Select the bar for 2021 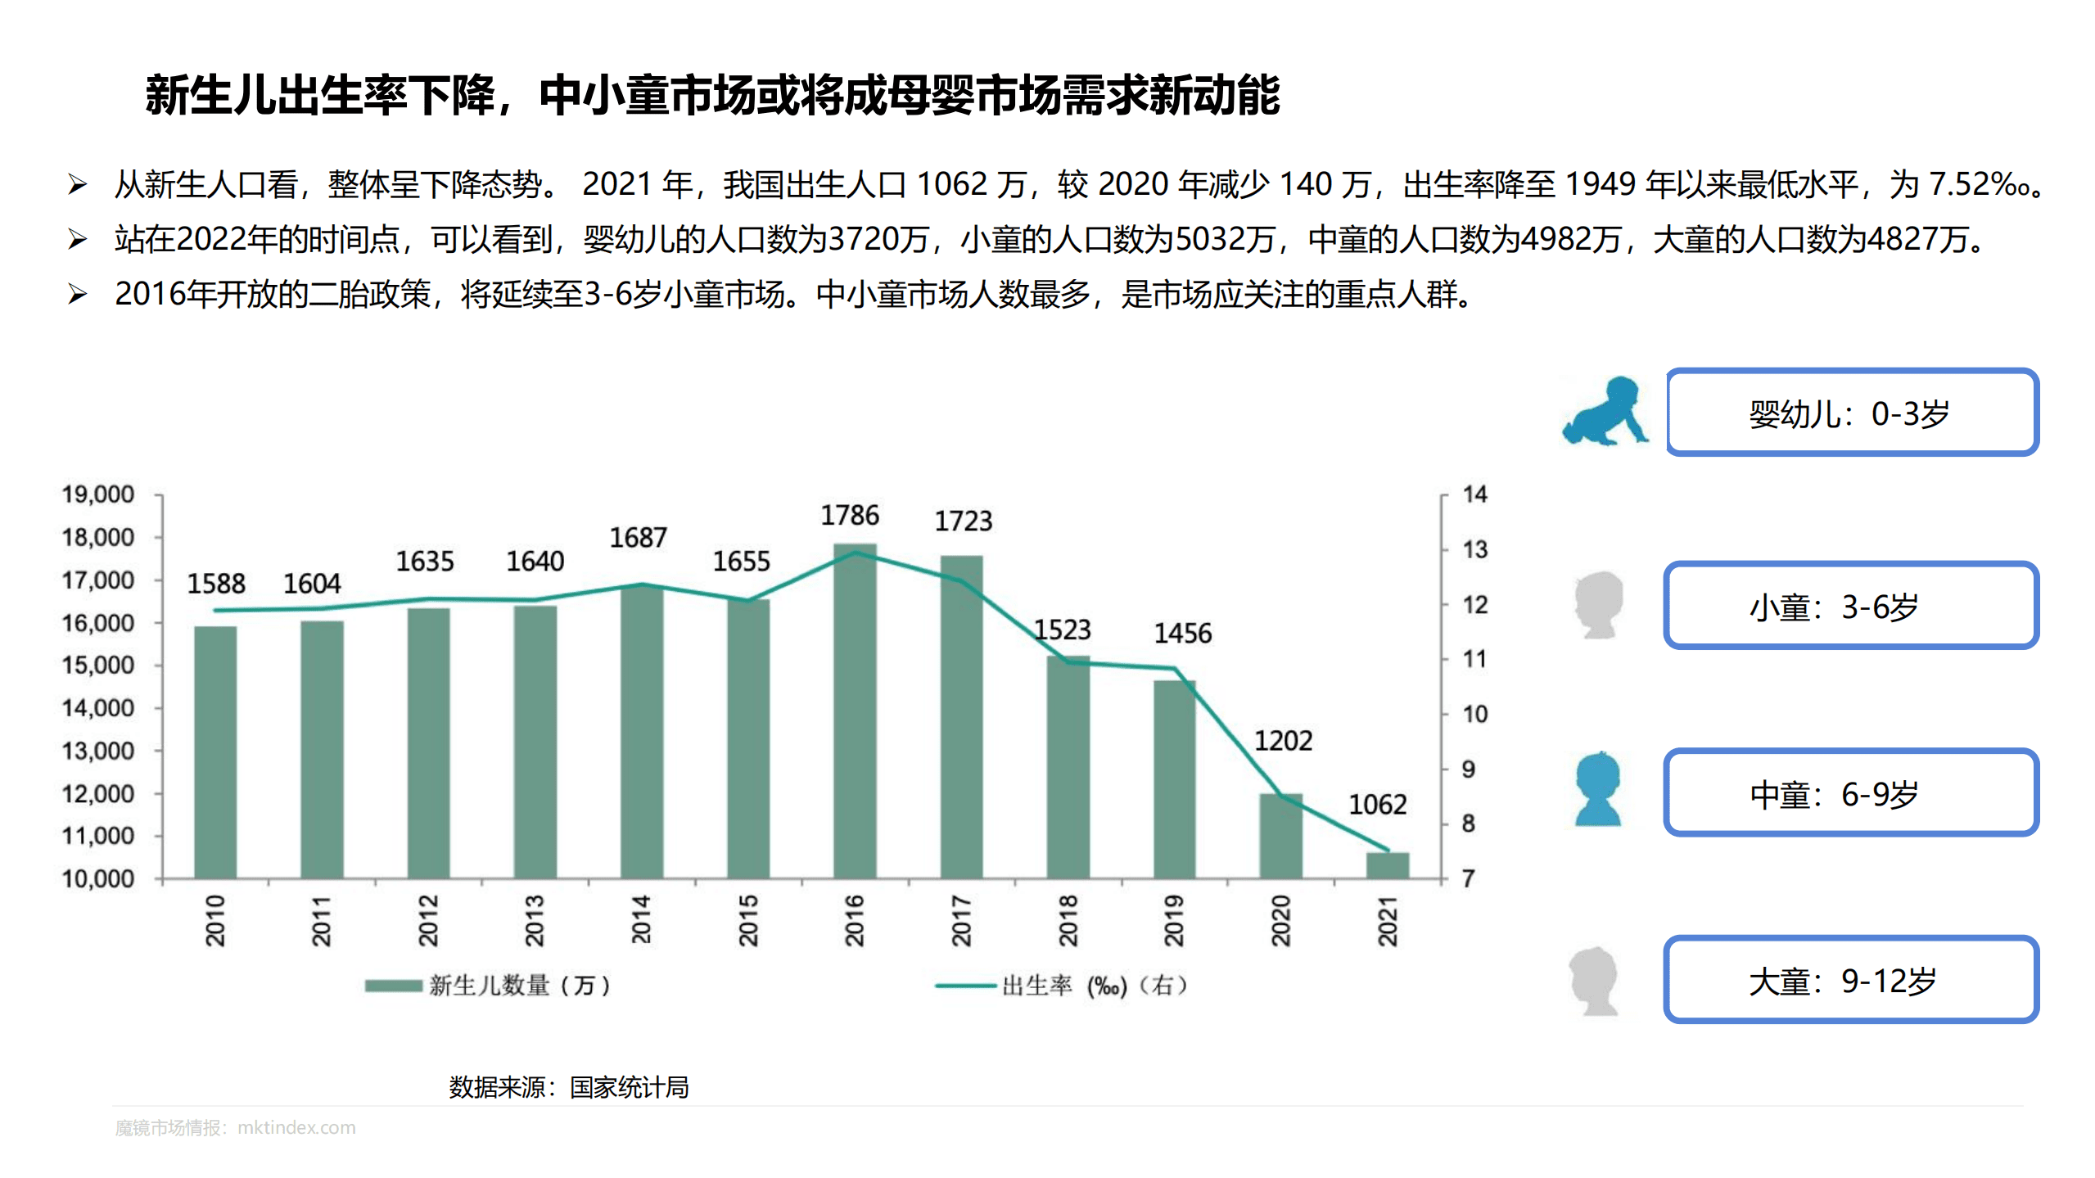(1388, 865)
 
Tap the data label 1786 (850, 516)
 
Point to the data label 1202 (1283, 741)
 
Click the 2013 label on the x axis (535, 920)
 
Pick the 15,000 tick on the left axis (98, 666)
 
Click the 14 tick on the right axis (1474, 494)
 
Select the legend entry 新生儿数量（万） (488, 985)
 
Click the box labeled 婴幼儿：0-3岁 (1852, 413)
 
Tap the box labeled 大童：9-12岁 (1850, 980)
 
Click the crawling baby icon (1605, 413)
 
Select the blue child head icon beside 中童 (1597, 789)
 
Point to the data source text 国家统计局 (629, 1087)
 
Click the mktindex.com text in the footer (296, 1128)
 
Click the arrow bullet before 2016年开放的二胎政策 (78, 294)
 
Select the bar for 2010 (215, 752)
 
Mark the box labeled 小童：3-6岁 (1850, 606)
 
